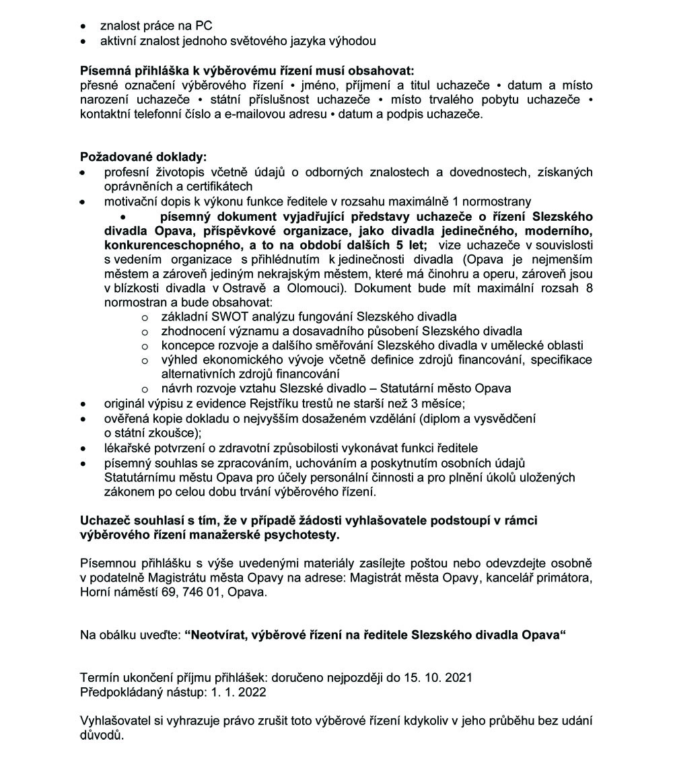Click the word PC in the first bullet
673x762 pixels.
[x=203, y=26]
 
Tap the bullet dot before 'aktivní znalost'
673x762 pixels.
[x=83, y=41]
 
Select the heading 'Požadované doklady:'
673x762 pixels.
[x=142, y=157]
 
